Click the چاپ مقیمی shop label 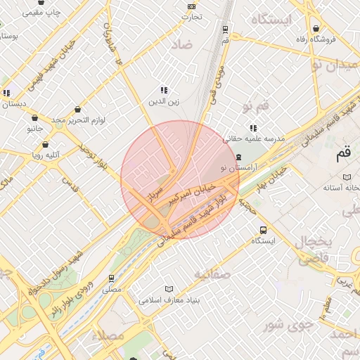[40, 13]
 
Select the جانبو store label [35, 129]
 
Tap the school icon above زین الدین [164, 90]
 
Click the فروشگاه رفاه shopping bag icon [318, 28]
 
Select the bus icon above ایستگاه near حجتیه [263, 230]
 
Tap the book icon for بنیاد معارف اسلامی [168, 289]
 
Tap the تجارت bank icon [192, 6]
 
